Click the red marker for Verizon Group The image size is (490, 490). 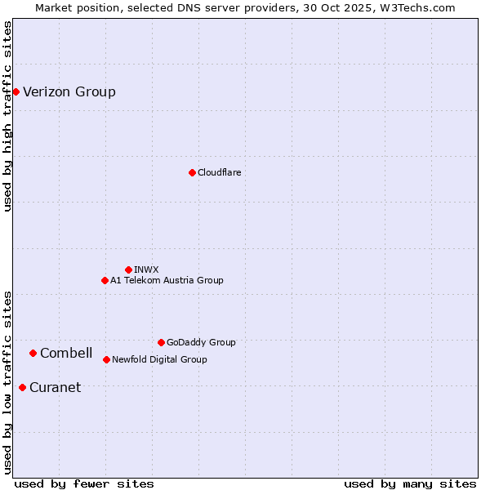pos(16,91)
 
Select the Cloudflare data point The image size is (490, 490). pos(192,172)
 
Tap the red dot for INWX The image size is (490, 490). pos(128,269)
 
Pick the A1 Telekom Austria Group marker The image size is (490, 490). pos(105,280)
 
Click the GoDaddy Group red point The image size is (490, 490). pos(161,342)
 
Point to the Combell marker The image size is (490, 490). pos(33,353)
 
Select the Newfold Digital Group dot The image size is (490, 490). pos(106,359)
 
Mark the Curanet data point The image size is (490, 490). pos(22,387)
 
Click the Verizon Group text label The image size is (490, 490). pos(69,91)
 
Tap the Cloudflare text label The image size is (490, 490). pos(219,172)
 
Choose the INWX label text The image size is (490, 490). pos(146,269)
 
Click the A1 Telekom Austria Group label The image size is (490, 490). pos(167,280)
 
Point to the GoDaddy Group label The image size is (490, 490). pos(201,342)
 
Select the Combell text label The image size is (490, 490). pos(66,353)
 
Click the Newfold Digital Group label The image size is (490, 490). pos(159,359)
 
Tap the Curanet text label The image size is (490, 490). pos(55,387)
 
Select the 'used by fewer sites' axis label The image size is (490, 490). pos(84,483)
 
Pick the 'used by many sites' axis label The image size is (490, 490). pos(410,483)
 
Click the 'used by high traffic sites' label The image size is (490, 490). pos(7,116)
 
